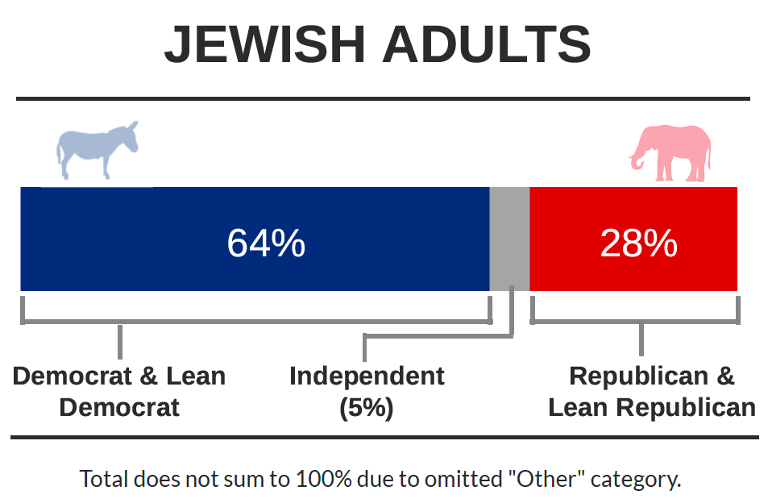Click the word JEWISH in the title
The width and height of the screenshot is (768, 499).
265,44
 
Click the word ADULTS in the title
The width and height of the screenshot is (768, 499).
487,44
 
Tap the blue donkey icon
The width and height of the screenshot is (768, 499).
98,150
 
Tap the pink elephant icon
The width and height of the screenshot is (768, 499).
670,153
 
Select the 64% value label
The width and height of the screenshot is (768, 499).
266,243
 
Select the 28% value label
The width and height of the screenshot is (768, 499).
639,243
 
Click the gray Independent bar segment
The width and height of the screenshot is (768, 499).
509,239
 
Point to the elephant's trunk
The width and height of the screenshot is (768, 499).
637,158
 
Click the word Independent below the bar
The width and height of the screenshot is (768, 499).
367,376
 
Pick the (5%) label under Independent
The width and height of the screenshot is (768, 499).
367,408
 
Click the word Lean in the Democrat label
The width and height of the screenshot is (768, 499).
196,376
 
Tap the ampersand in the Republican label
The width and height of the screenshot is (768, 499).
725,376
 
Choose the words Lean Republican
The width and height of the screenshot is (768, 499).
652,408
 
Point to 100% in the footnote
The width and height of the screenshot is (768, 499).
323,478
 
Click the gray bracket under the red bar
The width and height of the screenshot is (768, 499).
635,322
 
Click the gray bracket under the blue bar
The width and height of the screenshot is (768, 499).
256,322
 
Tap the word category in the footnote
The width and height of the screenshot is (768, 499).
636,480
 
